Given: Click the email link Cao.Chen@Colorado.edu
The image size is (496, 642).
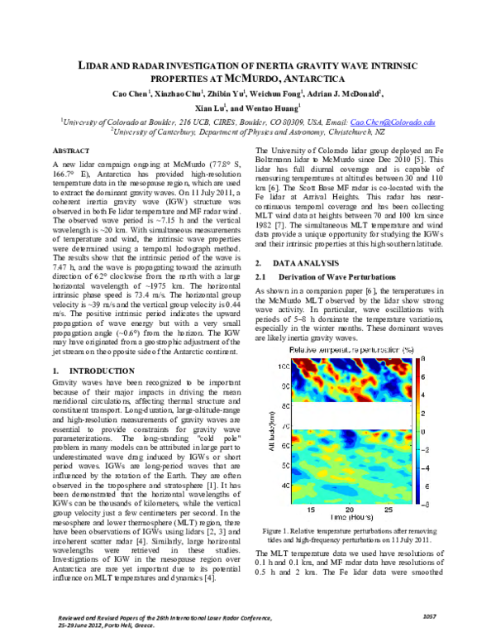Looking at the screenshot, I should tap(397, 122).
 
